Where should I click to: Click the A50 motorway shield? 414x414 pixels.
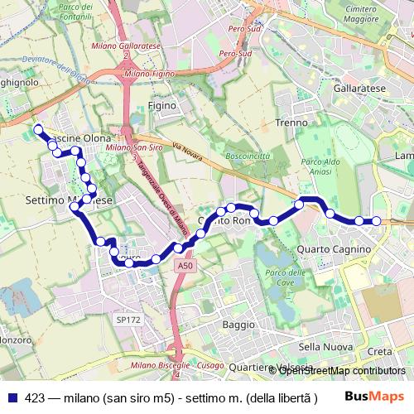pyautogui.click(x=185, y=267)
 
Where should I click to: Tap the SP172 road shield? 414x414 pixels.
pyautogui.click(x=128, y=318)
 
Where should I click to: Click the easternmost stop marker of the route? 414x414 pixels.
pyautogui.click(x=377, y=220)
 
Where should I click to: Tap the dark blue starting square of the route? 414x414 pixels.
pyautogui.click(x=38, y=128)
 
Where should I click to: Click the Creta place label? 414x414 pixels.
pyautogui.click(x=379, y=351)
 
